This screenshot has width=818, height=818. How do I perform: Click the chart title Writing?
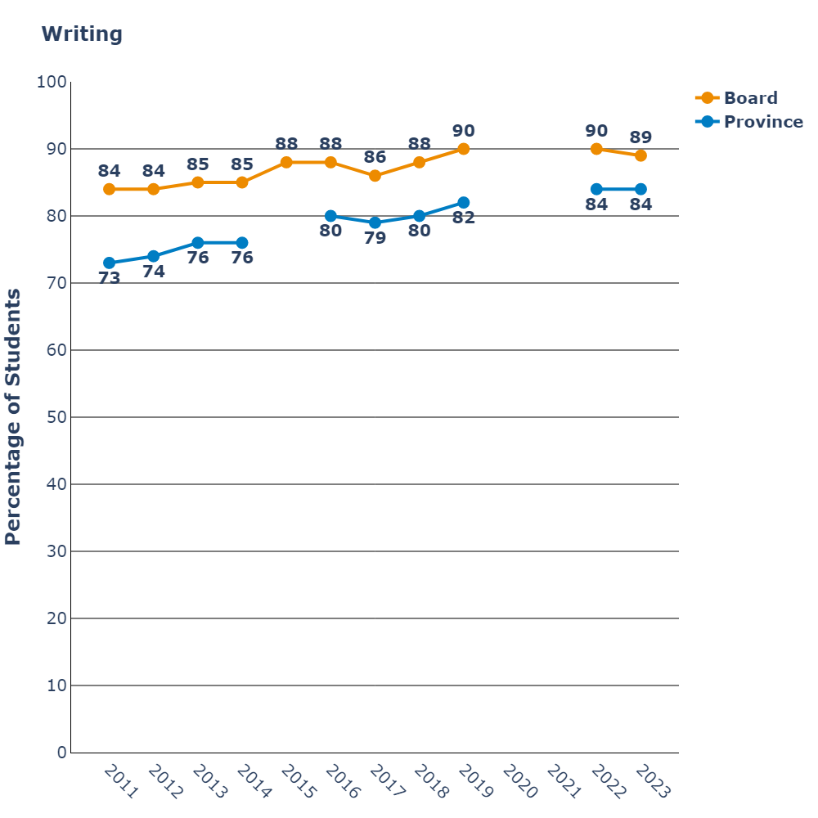click(82, 34)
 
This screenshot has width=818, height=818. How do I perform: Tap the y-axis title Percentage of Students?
click(13, 417)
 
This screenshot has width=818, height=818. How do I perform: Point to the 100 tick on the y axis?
click(52, 82)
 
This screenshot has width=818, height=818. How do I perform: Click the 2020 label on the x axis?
click(519, 782)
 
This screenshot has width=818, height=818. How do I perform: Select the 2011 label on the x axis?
click(121, 782)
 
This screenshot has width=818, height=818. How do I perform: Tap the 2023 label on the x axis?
click(653, 782)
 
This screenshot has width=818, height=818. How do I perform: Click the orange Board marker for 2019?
click(464, 149)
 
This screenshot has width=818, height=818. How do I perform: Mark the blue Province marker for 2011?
click(110, 263)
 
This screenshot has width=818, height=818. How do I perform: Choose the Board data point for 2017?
click(375, 176)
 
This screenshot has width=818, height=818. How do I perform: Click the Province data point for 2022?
click(596, 189)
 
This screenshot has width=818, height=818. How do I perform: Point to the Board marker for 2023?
click(640, 155)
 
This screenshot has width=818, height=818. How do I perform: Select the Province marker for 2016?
click(330, 216)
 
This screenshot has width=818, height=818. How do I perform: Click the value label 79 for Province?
click(375, 239)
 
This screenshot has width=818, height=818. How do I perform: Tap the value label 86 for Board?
click(375, 156)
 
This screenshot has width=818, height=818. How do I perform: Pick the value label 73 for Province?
click(110, 278)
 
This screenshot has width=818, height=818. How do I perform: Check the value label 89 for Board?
click(640, 137)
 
